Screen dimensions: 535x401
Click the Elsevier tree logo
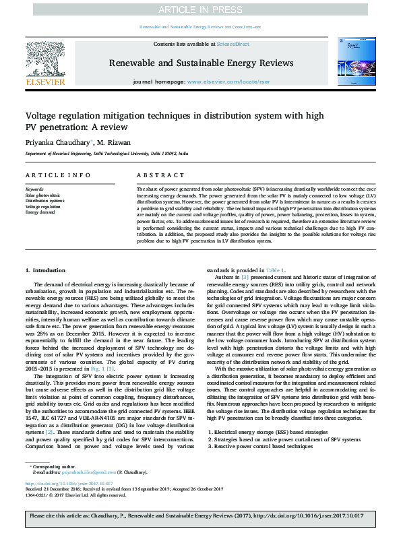pos(46,59)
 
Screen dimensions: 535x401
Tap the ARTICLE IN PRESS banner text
pos(200,9)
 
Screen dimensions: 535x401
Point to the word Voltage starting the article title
pos(42,115)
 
